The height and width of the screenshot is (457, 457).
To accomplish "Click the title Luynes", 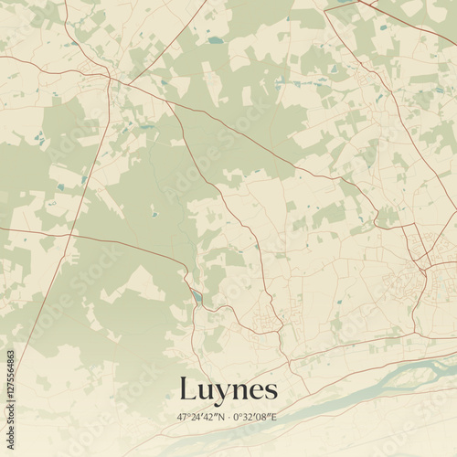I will point(228,390).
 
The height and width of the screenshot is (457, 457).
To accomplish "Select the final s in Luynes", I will point(270,391).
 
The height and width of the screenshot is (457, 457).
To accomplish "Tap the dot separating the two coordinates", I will point(228,417).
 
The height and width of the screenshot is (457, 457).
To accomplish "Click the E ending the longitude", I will point(275,417).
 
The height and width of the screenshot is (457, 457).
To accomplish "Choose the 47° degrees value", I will point(184,417).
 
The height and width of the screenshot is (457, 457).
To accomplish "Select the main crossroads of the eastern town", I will point(423,266).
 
